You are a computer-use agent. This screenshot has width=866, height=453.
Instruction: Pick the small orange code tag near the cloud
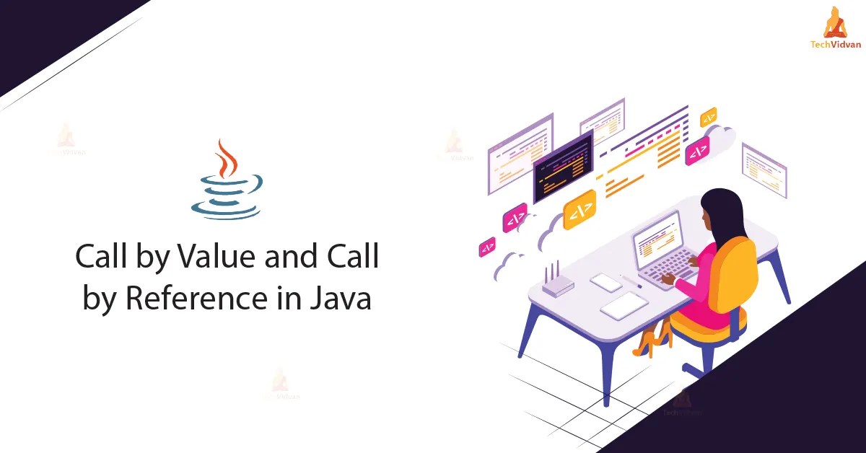(709, 117)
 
